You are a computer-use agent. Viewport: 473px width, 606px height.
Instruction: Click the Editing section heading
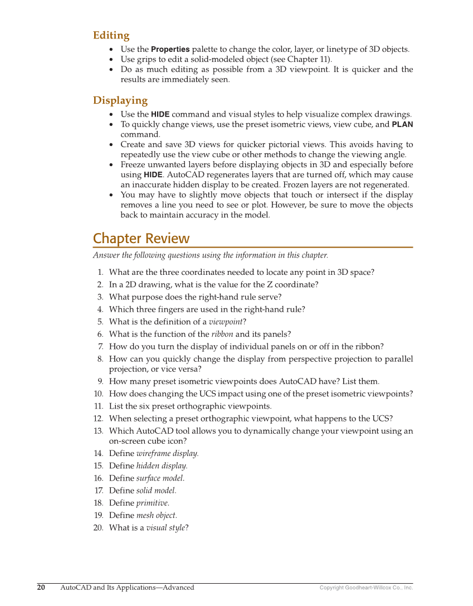point(111,36)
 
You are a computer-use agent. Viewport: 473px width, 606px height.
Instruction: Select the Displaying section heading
point(120,101)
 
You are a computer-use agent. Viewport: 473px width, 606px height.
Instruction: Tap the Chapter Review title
point(141,239)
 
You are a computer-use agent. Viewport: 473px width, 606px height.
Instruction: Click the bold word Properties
point(170,49)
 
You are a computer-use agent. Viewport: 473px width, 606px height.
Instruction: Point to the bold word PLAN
point(402,124)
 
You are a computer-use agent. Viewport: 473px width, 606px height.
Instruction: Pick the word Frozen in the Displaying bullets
point(296,185)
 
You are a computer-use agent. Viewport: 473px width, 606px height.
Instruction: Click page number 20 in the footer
point(41,587)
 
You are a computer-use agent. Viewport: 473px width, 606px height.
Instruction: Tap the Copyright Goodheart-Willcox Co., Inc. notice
point(366,588)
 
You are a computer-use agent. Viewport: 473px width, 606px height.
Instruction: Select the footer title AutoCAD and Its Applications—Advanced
point(127,587)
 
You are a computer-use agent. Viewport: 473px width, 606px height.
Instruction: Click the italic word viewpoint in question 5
point(225,322)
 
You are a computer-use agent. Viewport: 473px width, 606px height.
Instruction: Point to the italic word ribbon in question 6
point(222,334)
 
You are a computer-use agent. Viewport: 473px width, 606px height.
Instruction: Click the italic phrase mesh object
point(156,516)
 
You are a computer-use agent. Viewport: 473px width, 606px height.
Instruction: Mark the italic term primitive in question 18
point(153,503)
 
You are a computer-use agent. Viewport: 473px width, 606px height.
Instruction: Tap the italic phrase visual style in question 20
point(165,528)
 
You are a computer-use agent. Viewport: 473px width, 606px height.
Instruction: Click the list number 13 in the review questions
point(98,431)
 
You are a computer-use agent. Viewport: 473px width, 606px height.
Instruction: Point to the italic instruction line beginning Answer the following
point(211,255)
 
